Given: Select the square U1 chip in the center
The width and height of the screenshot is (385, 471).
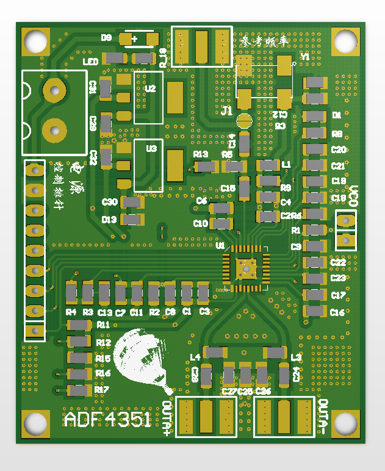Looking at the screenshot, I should point(246,267).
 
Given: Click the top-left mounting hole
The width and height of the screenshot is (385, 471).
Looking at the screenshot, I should point(36,41).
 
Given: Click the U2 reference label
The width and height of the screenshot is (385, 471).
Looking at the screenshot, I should point(151,88).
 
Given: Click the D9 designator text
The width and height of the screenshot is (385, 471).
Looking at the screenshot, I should point(107,38).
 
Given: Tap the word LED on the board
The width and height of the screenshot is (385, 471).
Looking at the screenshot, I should point(90,62).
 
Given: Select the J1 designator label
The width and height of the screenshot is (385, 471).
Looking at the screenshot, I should point(227,111).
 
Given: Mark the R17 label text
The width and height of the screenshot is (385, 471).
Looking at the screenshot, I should point(102,390).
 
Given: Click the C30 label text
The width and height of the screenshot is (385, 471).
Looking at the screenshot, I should point(110,202).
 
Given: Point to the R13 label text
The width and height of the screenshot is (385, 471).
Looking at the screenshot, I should point(201,154).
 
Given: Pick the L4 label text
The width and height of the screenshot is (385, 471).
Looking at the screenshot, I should point(195,357).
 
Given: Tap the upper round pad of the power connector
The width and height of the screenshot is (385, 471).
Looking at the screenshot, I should point(54,91).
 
